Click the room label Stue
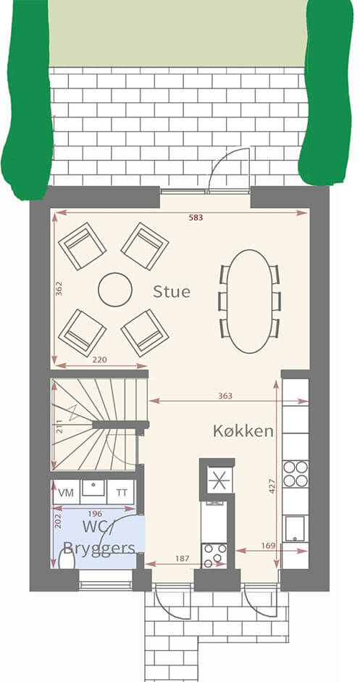tap(171, 291)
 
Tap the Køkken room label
tap(243, 431)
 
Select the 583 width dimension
tap(196, 218)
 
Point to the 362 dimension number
tap(59, 288)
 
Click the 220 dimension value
tap(100, 359)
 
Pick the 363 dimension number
tap(225, 396)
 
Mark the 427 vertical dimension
tap(272, 486)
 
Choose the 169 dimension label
tap(268, 546)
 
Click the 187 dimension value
tap(183, 559)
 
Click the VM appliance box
tap(66, 492)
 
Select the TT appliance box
tap(121, 492)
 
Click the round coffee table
tap(114, 290)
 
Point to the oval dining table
tap(249, 301)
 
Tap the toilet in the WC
tap(67, 559)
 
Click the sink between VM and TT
tap(93, 488)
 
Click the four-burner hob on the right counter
tap(296, 474)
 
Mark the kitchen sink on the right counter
tap(296, 528)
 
